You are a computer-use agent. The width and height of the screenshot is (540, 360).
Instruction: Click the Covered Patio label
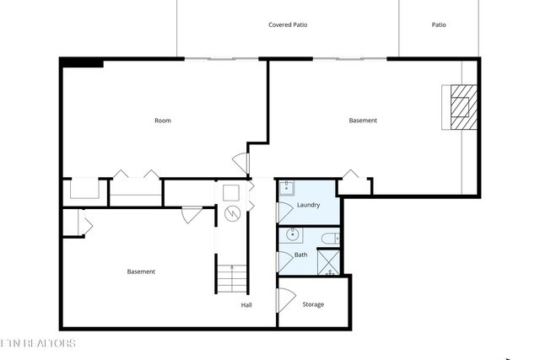[x=288, y=25]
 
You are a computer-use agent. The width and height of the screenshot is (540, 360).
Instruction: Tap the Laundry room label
[x=308, y=205]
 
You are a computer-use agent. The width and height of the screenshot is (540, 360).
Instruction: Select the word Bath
[x=300, y=255]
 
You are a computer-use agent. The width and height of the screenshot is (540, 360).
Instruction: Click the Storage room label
[x=313, y=304]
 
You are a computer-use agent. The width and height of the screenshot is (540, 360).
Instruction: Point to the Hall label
[x=246, y=305]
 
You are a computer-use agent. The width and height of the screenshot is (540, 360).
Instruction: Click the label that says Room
[x=163, y=121]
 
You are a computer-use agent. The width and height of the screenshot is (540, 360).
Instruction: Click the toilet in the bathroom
[x=329, y=239]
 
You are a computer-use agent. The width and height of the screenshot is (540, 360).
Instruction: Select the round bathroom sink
[x=293, y=235]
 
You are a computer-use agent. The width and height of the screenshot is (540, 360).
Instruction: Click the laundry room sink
[x=287, y=188]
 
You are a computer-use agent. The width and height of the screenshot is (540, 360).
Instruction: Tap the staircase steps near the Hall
[x=232, y=277]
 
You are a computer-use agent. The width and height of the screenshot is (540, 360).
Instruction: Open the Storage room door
[x=285, y=299]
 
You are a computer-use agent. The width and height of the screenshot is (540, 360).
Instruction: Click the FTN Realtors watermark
[x=37, y=343]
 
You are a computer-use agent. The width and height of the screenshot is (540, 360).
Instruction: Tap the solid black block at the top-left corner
[x=82, y=62]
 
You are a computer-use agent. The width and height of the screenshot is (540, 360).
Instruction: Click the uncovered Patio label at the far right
[x=439, y=25]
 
